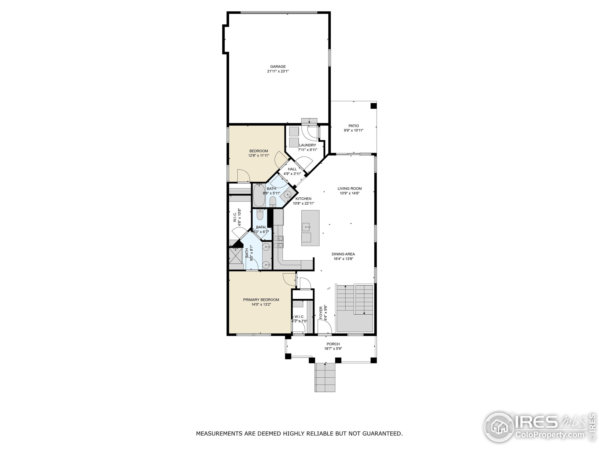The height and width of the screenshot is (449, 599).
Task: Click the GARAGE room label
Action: (x=278, y=67)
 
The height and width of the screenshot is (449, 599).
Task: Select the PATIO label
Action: (x=353, y=126)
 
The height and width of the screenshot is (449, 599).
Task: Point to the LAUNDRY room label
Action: (x=307, y=145)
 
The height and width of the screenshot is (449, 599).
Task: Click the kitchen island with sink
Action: (x=310, y=228)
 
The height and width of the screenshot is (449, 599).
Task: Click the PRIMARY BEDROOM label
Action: (x=261, y=300)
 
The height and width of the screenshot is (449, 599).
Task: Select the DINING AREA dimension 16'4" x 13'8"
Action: (x=343, y=259)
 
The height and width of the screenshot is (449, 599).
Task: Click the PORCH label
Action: (x=333, y=344)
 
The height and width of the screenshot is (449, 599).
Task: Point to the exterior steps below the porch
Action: (x=325, y=377)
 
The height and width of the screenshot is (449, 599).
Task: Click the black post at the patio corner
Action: (x=373, y=105)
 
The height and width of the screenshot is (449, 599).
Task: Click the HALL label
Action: (x=292, y=169)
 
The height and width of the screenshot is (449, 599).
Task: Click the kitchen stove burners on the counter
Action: (x=279, y=242)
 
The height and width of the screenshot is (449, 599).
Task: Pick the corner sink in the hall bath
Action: (x=288, y=194)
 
